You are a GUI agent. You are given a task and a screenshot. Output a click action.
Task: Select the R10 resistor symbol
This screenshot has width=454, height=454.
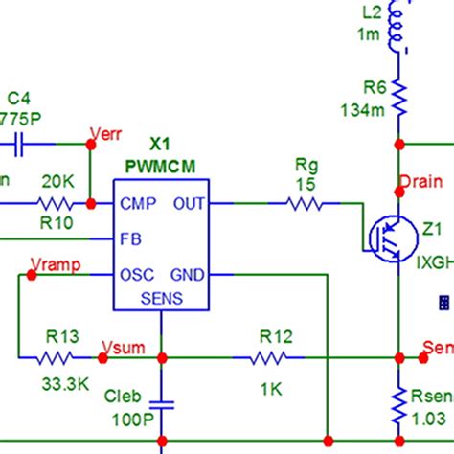(x=54, y=203)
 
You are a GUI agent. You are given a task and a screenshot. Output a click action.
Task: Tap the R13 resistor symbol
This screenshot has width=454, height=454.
(x=53, y=357)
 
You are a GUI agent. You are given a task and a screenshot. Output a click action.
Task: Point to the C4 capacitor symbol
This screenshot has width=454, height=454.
(x=19, y=144)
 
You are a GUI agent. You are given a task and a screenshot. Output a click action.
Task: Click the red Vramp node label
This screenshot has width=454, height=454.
(x=56, y=262)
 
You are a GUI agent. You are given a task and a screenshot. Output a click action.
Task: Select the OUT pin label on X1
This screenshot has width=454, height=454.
(x=188, y=203)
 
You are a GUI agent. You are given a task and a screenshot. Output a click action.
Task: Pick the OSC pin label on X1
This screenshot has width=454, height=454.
(x=136, y=274)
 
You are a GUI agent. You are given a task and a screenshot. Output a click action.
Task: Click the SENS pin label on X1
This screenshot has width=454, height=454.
(x=161, y=298)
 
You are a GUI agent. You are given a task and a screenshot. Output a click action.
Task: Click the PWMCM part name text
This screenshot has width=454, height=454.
(x=160, y=166)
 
